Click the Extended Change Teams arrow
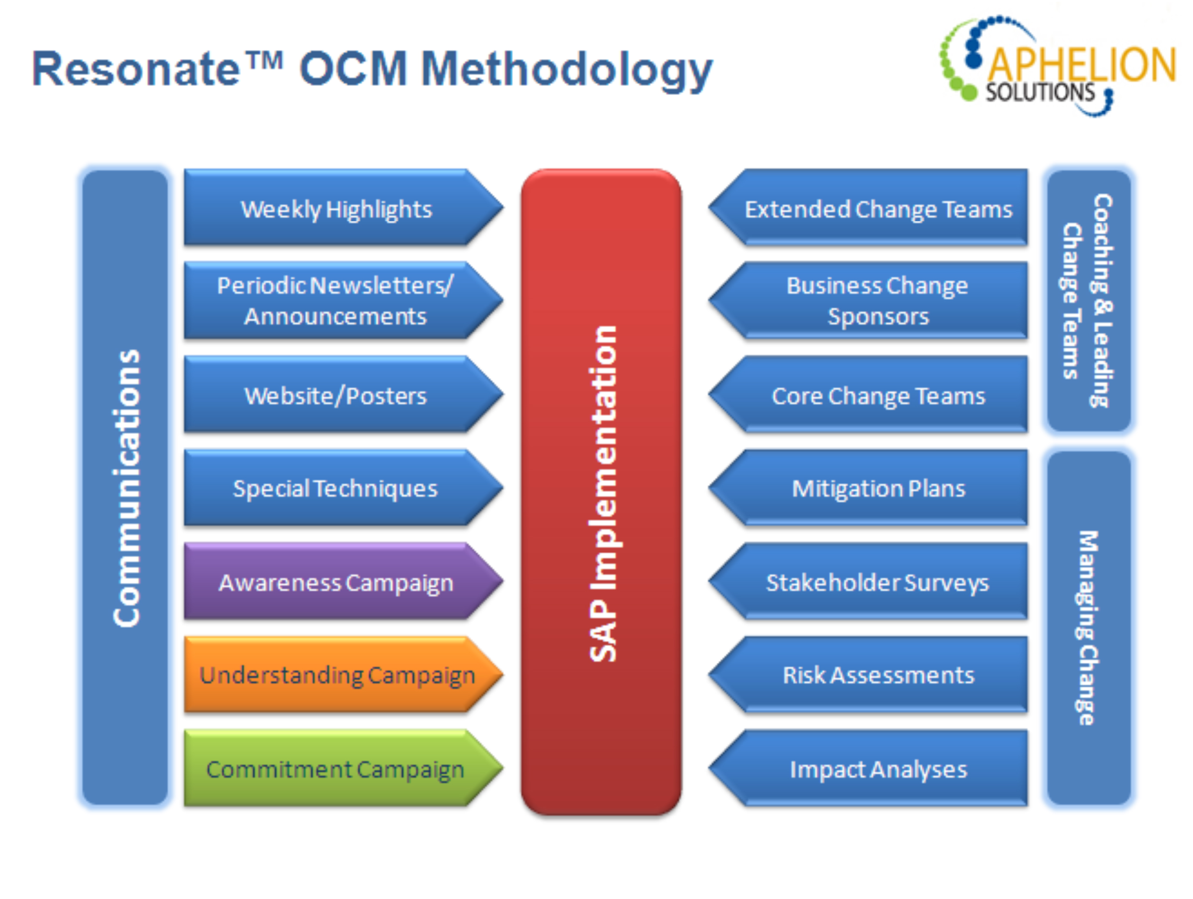pos(868,207)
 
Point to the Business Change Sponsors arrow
pos(868,301)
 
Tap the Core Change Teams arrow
pos(868,394)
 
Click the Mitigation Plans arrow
pos(868,488)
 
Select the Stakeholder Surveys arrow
pos(868,581)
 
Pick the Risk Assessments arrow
pos(868,674)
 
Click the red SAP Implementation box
pos(601,492)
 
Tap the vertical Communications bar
pos(125,488)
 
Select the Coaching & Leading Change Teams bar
pos(1089,301)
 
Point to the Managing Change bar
pos(1089,628)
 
